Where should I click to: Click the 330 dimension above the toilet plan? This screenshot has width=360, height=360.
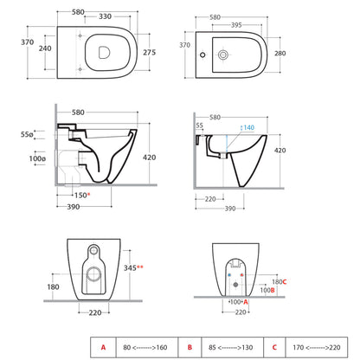[x=105, y=16]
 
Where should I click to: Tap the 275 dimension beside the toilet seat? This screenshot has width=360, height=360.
[x=149, y=53]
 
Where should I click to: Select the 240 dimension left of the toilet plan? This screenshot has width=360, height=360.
[x=45, y=48]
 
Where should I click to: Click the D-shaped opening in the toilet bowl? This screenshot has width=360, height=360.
[x=104, y=53]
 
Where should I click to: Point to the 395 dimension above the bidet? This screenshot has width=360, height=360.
[x=236, y=25]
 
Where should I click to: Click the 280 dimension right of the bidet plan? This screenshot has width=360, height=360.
[x=280, y=54]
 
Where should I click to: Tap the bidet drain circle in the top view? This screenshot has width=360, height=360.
[x=223, y=55]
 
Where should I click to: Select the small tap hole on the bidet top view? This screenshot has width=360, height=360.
[x=202, y=55]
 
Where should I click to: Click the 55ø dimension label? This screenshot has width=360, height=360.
[x=27, y=134]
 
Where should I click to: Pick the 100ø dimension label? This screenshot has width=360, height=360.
[x=37, y=158]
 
